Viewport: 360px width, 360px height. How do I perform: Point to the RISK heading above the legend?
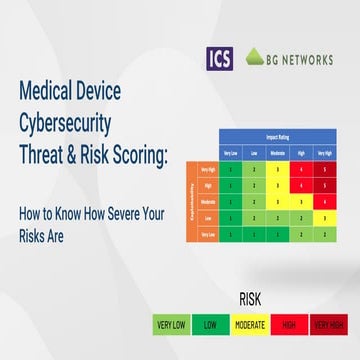pyautogui.click(x=250, y=298)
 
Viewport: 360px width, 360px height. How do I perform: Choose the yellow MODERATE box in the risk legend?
pyautogui.click(x=251, y=324)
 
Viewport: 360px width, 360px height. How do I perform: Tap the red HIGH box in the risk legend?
pyautogui.click(x=288, y=324)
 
